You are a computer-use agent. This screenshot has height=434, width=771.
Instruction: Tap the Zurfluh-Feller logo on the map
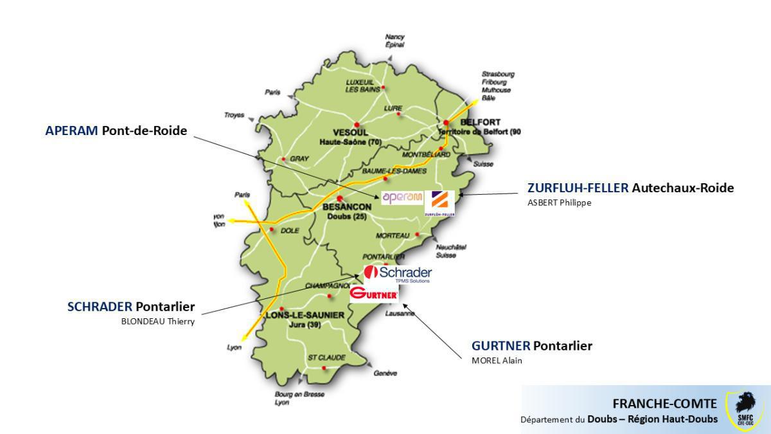440,203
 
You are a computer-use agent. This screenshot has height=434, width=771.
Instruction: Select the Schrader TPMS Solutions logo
398,275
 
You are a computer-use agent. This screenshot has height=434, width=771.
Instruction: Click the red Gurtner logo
375,294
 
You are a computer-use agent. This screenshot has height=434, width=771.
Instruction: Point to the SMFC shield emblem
745,410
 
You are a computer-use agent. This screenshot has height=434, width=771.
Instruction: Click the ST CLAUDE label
326,357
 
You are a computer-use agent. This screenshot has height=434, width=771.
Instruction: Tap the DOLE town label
290,231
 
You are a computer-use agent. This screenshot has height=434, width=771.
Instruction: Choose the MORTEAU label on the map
393,236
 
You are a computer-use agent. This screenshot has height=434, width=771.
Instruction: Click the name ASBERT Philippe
558,203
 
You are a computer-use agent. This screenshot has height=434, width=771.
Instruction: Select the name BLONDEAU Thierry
157,321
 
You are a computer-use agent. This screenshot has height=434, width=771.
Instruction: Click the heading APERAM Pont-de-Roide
116,131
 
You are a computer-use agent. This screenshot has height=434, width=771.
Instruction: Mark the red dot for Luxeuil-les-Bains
384,87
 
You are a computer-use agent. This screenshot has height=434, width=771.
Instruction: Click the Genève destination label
385,373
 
